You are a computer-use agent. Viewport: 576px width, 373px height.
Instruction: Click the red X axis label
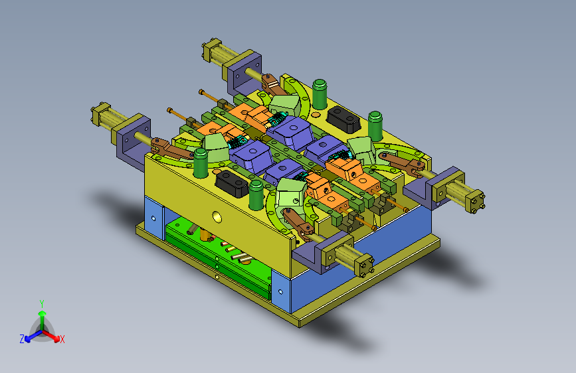(62, 339)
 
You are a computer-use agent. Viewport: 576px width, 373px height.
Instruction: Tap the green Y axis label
(42, 304)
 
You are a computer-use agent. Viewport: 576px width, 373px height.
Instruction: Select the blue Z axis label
(22, 339)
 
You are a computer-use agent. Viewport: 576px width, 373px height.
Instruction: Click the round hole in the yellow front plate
(217, 217)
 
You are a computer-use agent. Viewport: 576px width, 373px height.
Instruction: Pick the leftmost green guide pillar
(201, 163)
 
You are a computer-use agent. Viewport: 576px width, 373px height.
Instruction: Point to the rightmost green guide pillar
(375, 126)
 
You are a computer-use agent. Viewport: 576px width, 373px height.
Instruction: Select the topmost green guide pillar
(320, 94)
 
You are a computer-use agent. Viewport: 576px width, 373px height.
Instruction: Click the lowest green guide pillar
(256, 195)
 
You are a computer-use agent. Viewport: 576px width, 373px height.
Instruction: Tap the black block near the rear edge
(343, 119)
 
